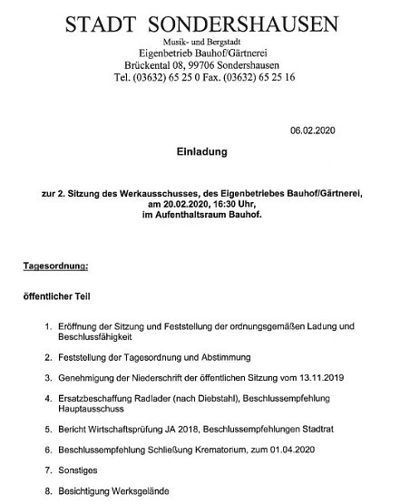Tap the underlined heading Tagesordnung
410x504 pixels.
click(56, 267)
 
